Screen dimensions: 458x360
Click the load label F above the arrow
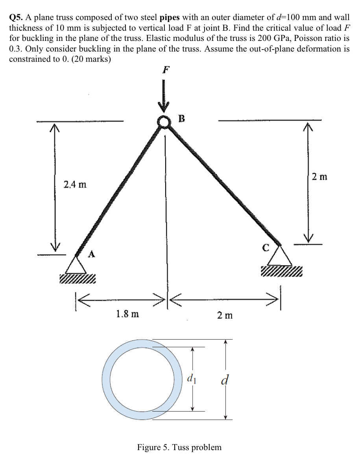pyautogui.click(x=166, y=70)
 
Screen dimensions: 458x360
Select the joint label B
pyautogui.click(x=181, y=118)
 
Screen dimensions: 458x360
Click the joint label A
pyautogui.click(x=91, y=254)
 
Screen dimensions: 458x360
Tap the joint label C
pyautogui.click(x=266, y=248)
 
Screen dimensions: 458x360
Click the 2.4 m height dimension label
pyautogui.click(x=75, y=184)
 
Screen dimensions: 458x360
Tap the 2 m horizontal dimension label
pyautogui.click(x=225, y=315)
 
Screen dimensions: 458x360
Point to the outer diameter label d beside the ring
pyautogui.click(x=225, y=380)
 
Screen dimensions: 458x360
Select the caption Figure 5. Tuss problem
pyautogui.click(x=179, y=447)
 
